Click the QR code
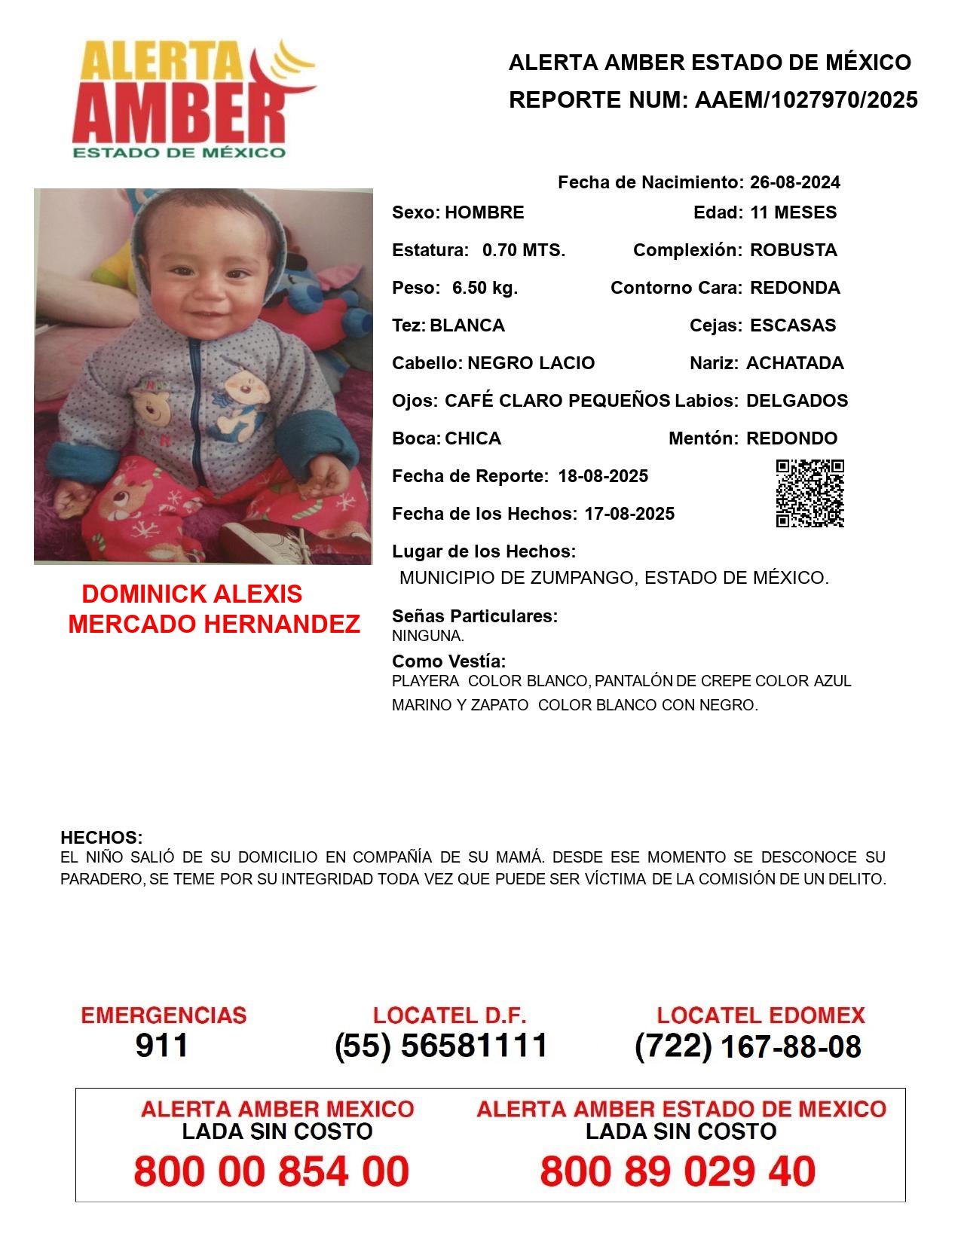[810, 493]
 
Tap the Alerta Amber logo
[194, 99]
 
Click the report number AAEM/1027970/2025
[806, 100]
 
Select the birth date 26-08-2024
[794, 182]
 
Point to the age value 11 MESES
[793, 212]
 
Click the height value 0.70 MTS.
[524, 250]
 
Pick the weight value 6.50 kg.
[485, 288]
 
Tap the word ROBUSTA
[793, 250]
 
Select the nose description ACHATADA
[794, 363]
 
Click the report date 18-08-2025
[603, 476]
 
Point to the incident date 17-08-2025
[629, 514]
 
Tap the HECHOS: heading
[101, 838]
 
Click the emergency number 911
[161, 1046]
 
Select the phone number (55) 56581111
[441, 1046]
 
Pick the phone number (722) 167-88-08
[748, 1046]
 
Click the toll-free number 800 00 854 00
[271, 1171]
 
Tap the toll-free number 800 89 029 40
[677, 1171]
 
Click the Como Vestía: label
[448, 661]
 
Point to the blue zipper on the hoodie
[195, 407]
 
